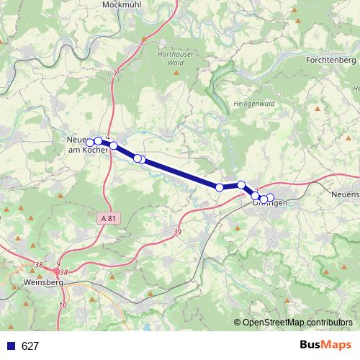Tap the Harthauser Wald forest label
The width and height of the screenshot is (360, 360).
[174, 58]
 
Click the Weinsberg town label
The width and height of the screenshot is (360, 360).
[44, 283]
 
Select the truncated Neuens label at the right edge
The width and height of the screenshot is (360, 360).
[345, 195]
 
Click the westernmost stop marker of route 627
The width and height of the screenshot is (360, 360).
[90, 142]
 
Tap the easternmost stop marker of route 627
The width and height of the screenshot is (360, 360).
[270, 197]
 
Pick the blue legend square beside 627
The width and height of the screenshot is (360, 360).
[11, 346]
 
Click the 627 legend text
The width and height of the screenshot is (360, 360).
[30, 346]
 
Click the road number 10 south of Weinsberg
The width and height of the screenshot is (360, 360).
[63, 305]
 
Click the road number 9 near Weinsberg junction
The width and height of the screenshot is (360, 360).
[58, 264]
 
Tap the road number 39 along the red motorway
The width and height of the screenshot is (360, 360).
[177, 231]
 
